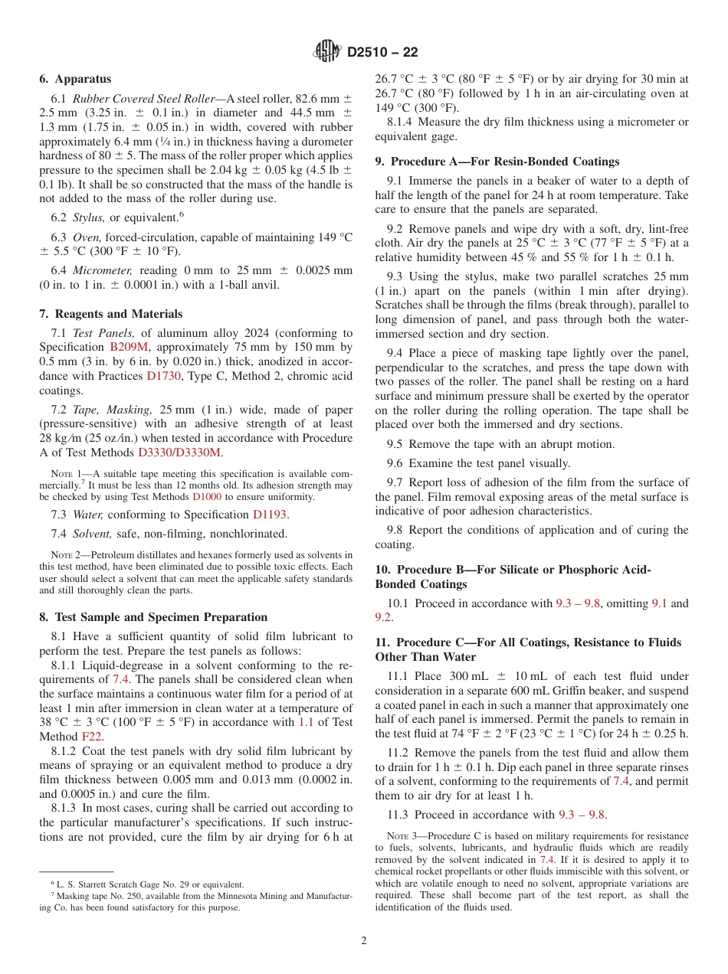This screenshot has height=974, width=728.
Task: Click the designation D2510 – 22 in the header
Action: (382, 53)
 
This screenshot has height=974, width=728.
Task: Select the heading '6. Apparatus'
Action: (75, 79)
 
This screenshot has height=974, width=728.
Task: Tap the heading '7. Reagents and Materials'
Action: (110, 314)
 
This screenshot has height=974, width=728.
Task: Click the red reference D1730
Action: (165, 375)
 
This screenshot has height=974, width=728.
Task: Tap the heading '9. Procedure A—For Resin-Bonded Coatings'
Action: (497, 162)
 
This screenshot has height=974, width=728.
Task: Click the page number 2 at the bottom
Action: (364, 941)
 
